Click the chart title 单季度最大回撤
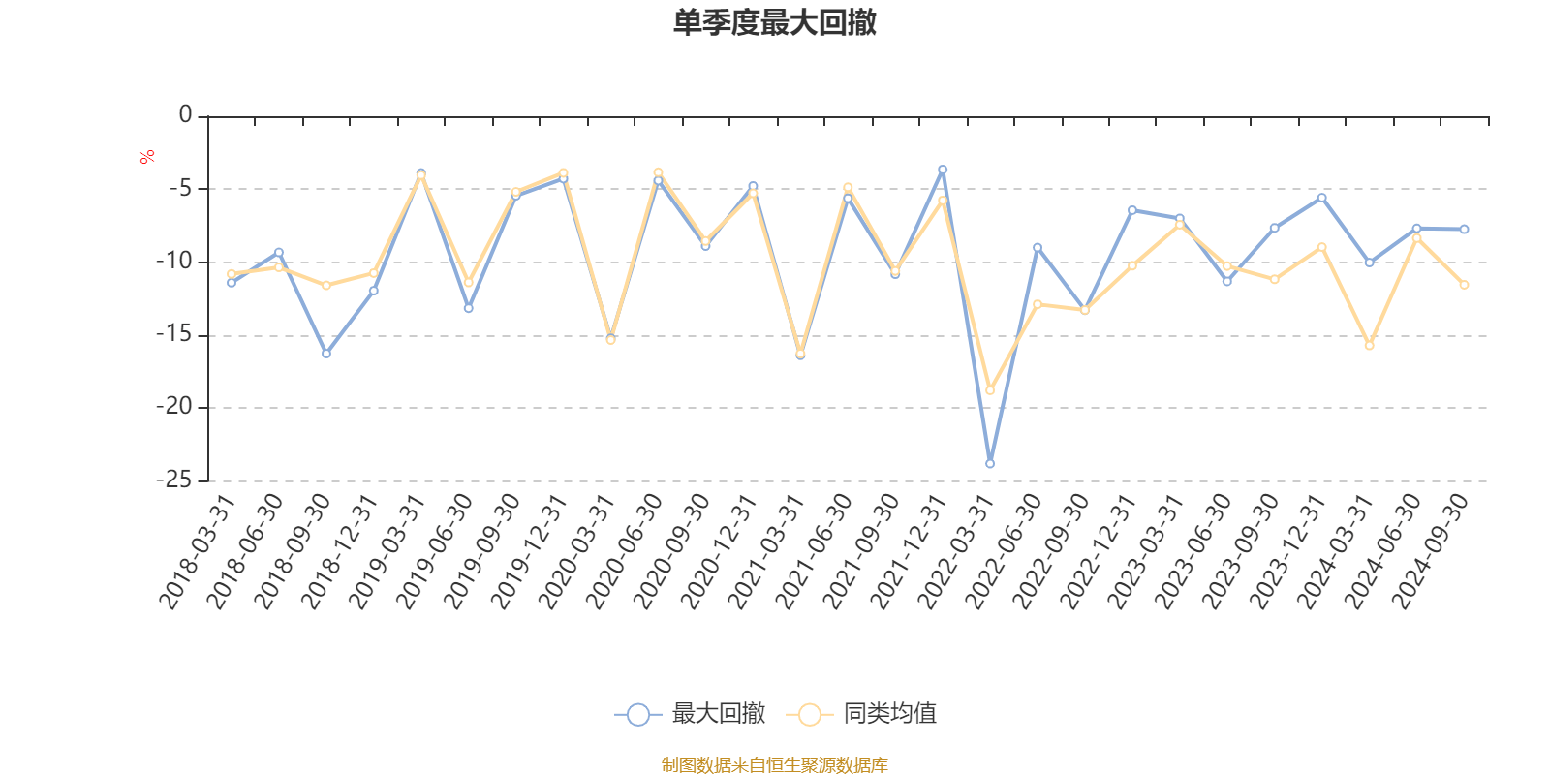775,23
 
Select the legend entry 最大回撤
690,715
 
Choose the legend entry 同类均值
861,715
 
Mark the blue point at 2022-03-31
990,464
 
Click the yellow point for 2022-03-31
990,390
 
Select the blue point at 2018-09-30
326,354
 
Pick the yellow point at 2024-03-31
1369,346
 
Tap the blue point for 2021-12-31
943,170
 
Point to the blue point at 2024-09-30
1464,230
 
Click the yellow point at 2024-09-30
1464,285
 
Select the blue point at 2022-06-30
1038,247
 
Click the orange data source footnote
774,765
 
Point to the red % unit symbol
147,157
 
